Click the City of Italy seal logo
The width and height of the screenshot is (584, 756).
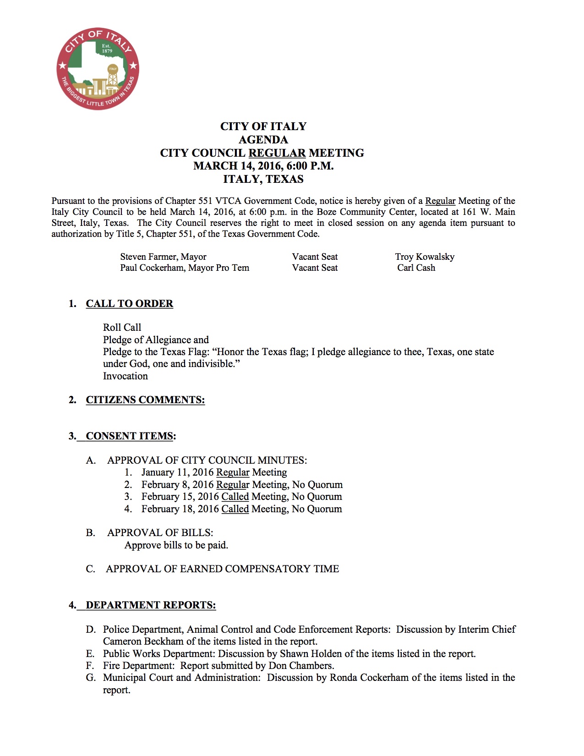98,69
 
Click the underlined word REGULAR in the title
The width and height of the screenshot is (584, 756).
277,153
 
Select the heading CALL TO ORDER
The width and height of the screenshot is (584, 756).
129,304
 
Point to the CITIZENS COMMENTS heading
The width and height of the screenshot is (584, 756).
145,400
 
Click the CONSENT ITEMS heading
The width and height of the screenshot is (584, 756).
129,436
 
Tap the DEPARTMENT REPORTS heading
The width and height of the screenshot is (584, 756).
150,605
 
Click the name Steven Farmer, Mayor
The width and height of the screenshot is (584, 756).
163,257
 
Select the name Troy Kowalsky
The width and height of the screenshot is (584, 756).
425,257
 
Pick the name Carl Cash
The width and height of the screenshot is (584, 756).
416,268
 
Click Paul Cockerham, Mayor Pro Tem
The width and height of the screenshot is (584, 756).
185,268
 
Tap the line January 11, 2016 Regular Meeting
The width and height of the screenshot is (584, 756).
214,472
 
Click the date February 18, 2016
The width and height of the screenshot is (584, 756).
180,509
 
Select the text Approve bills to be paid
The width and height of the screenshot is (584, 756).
176,545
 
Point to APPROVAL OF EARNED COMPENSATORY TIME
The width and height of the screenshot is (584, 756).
222,569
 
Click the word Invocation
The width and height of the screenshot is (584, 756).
125,376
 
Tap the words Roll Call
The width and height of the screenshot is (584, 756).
122,328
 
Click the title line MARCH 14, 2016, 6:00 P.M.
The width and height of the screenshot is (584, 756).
263,166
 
